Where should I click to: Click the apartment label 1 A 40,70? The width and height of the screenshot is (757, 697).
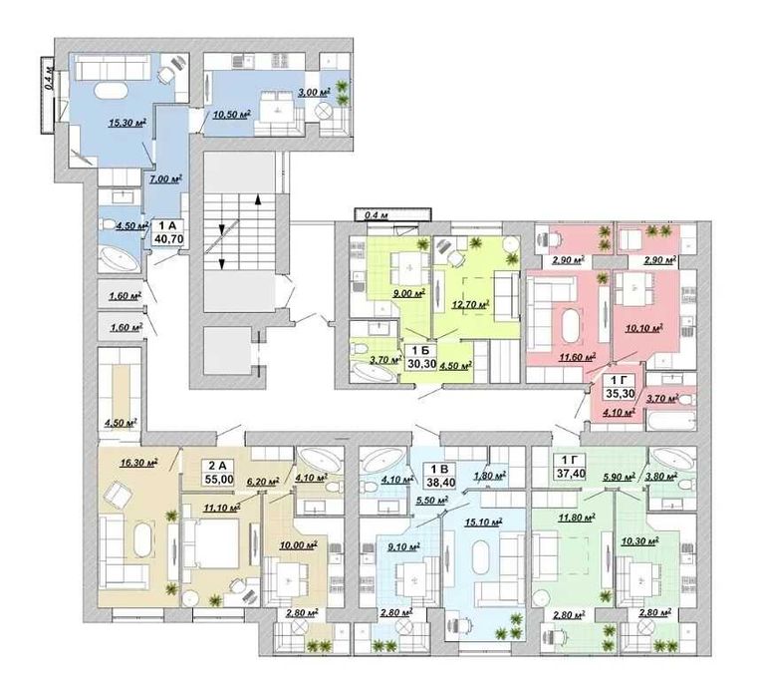[168, 232]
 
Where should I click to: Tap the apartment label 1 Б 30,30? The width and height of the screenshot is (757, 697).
[415, 357]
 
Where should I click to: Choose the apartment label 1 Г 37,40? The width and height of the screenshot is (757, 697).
[570, 467]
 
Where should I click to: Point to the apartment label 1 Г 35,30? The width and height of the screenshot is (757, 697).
[620, 387]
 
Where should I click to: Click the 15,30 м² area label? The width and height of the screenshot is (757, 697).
[127, 123]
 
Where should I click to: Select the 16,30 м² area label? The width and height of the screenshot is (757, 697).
[139, 463]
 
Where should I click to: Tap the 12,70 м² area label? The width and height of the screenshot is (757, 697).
[471, 305]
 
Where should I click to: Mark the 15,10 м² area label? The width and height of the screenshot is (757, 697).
[484, 523]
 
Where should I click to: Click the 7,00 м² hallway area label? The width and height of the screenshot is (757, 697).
[165, 179]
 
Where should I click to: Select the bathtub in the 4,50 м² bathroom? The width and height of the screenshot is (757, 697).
[119, 259]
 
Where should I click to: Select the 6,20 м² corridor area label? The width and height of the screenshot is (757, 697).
[261, 482]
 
